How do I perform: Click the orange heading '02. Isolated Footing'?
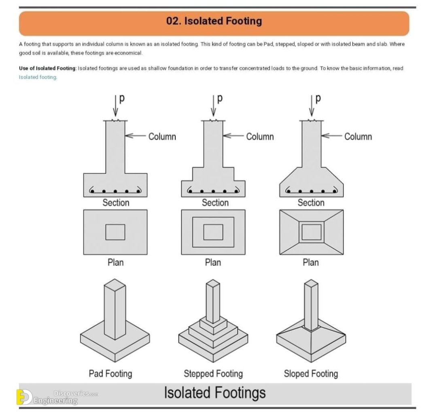214,21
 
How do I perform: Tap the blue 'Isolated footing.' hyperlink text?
38,77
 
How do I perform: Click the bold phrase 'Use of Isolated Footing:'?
47,68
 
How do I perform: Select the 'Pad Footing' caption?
110,373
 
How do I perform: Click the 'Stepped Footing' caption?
213,373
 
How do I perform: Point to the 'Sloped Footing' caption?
311,373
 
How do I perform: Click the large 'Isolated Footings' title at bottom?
215,393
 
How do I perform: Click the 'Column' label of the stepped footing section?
260,137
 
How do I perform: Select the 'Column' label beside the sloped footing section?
358,137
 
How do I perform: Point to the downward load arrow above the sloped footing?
311,107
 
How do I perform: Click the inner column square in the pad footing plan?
115,232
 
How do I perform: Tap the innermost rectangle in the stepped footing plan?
213,232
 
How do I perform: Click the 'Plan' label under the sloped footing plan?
310,262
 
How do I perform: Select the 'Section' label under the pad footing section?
116,203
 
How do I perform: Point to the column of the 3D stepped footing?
213,302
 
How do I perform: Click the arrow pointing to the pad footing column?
135,136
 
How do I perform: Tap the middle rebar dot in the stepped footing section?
213,191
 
